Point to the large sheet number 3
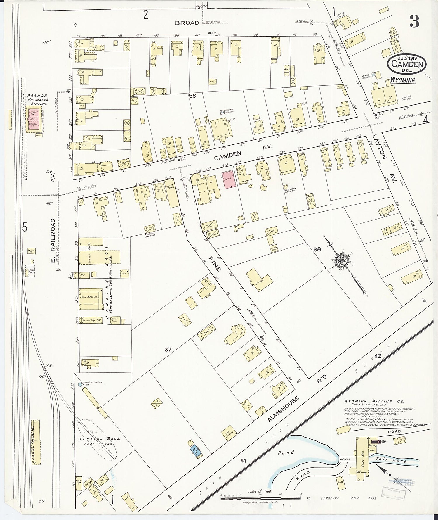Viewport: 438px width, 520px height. [414, 21]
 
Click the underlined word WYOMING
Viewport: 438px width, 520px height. [403, 80]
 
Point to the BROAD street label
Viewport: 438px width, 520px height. [187, 23]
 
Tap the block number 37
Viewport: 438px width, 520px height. [168, 349]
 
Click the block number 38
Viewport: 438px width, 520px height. [317, 249]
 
